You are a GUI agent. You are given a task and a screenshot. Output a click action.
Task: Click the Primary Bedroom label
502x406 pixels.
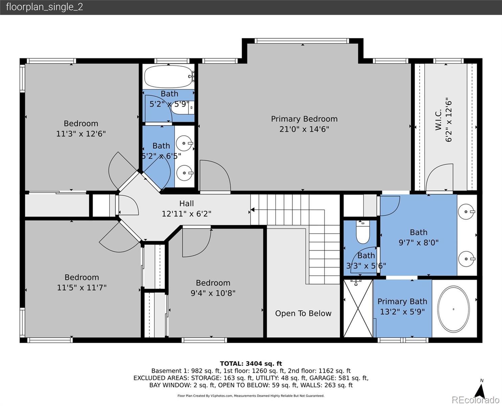(x=304, y=119)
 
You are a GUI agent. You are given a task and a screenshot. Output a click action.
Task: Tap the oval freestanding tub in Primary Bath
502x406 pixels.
(x=453, y=309)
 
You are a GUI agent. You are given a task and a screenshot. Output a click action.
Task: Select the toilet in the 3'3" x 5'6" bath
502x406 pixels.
(x=363, y=232)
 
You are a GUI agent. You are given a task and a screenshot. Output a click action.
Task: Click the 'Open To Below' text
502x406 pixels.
(x=303, y=313)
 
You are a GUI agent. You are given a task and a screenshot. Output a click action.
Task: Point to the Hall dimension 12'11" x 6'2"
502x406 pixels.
(x=186, y=214)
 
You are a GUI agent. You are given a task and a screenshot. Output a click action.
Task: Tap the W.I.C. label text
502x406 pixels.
(x=438, y=119)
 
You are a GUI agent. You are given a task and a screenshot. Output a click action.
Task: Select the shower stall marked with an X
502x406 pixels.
(x=358, y=308)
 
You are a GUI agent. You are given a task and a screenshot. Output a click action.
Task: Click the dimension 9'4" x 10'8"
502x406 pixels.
(x=213, y=293)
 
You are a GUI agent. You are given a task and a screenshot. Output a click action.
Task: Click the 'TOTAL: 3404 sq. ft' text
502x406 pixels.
(x=251, y=363)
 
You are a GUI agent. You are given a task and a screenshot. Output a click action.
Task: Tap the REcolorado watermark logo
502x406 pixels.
(x=475, y=400)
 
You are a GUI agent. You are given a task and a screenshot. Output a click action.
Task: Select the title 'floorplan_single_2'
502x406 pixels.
(x=45, y=7)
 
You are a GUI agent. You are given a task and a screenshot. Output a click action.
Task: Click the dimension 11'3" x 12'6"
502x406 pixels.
(x=81, y=134)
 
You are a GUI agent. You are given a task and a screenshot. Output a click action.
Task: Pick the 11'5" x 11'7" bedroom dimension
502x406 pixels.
(x=82, y=288)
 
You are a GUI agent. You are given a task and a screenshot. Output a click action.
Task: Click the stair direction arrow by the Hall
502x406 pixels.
(x=252, y=210)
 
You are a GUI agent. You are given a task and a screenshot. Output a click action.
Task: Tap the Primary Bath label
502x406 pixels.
(x=402, y=301)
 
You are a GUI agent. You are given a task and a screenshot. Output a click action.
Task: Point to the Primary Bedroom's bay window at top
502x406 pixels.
(x=303, y=41)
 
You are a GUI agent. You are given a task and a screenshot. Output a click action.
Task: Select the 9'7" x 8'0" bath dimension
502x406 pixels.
(x=418, y=243)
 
